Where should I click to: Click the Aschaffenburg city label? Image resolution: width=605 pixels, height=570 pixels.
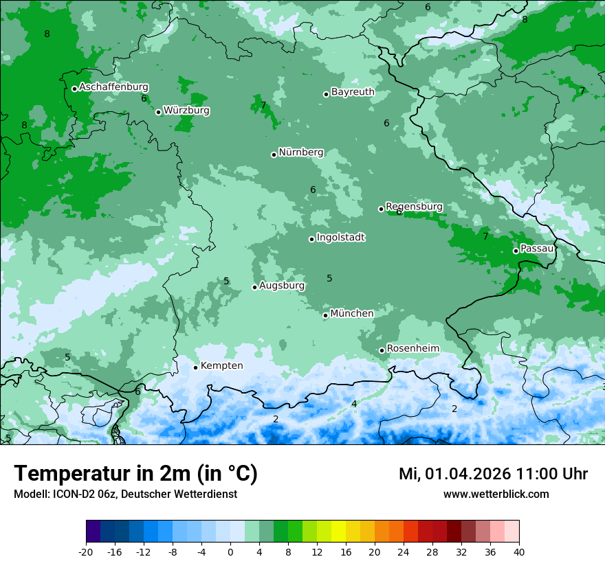113,87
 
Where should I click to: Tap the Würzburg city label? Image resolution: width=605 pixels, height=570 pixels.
186,110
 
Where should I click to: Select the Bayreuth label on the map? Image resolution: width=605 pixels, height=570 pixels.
353,91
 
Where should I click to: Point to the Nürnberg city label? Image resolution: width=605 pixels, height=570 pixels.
300,152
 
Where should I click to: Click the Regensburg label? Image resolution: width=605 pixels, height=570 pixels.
414,206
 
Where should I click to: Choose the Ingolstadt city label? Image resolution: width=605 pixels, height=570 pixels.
340,238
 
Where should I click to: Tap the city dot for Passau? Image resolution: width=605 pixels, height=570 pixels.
516,251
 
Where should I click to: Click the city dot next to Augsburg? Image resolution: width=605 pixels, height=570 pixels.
254,287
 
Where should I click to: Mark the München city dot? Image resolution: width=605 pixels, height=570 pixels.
325,315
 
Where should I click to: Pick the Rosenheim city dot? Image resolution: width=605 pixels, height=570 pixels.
382,350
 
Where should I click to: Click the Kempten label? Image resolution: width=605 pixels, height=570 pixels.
221,365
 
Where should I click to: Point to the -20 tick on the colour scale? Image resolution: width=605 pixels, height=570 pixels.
86,551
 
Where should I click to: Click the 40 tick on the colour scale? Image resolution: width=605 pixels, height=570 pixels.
519,551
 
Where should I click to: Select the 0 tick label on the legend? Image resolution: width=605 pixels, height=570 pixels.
230,551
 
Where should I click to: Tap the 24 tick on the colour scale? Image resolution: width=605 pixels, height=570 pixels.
404,551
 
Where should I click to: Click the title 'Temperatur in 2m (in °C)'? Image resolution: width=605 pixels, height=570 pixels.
135,474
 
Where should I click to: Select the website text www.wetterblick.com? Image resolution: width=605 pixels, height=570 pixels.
496,494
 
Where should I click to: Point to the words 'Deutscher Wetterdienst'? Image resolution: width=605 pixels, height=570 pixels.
179,494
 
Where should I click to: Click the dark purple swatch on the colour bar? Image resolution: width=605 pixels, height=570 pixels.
93,532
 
